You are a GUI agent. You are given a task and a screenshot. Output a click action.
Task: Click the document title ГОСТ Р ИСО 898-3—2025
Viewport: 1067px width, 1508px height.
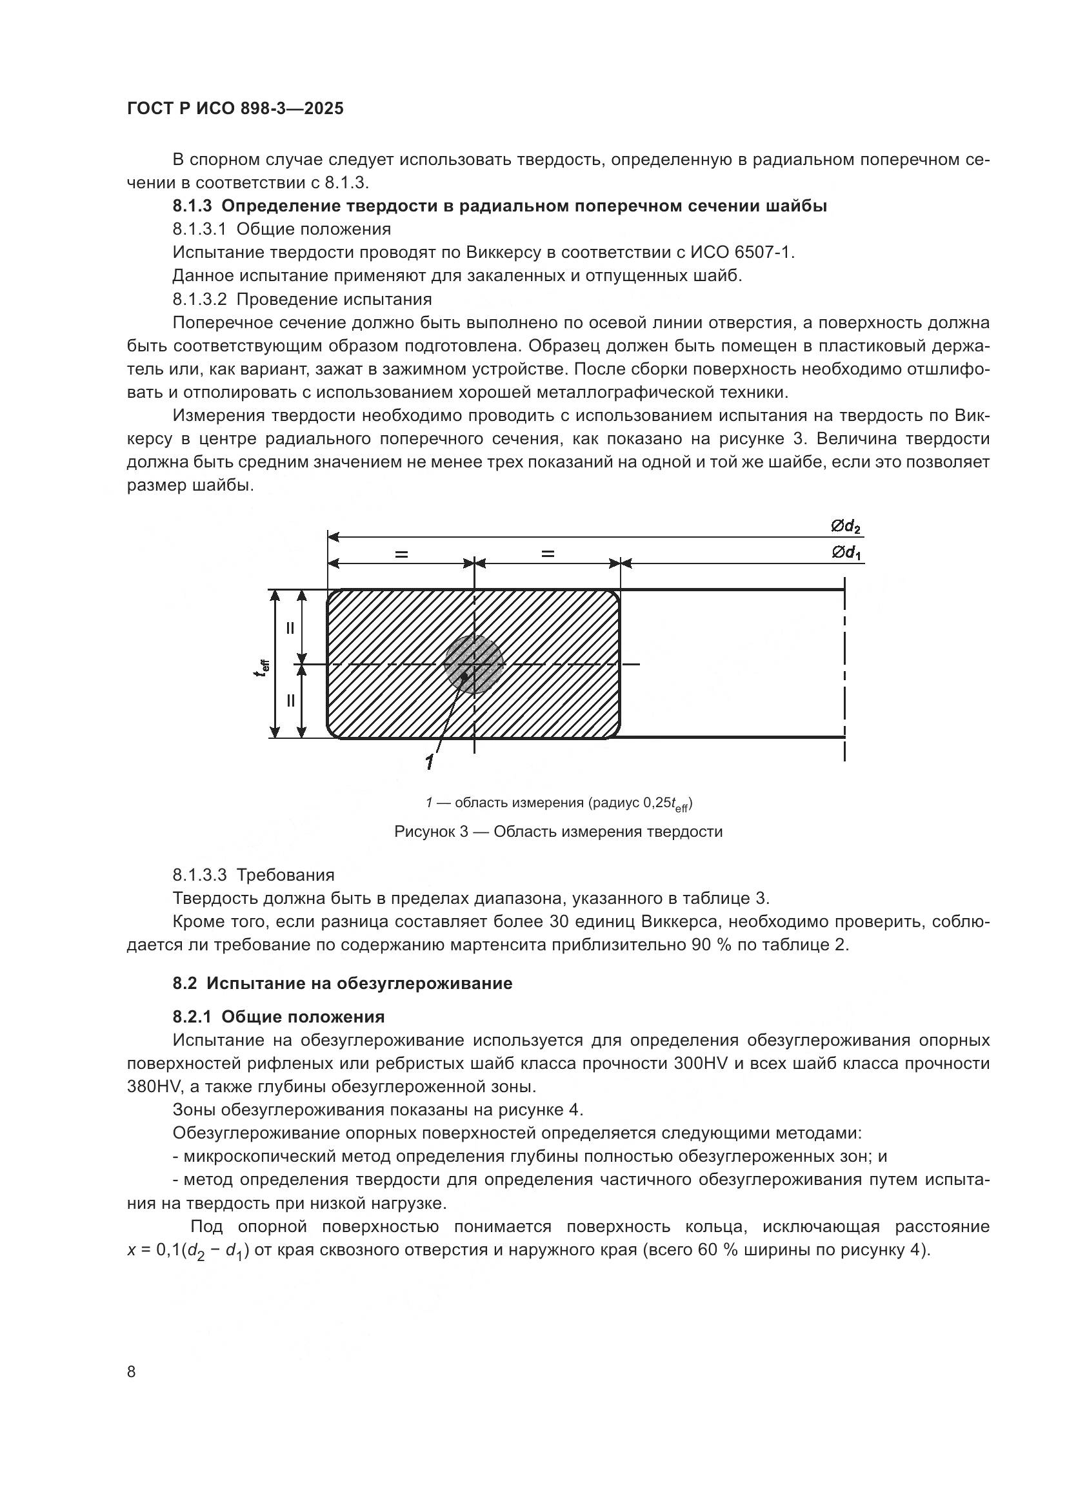click(x=235, y=109)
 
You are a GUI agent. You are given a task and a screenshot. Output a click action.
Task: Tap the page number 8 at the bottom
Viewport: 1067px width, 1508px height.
click(x=132, y=1371)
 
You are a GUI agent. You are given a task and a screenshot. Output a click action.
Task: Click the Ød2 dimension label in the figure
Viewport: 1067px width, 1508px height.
click(x=845, y=526)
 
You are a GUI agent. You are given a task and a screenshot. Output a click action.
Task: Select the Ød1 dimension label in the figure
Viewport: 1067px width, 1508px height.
click(x=846, y=553)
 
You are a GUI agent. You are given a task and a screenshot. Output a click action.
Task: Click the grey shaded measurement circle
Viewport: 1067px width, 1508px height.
click(x=474, y=664)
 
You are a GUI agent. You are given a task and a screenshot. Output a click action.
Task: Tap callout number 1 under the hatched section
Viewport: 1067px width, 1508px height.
click(x=429, y=762)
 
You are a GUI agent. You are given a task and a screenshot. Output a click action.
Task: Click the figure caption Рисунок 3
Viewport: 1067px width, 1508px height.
click(x=558, y=832)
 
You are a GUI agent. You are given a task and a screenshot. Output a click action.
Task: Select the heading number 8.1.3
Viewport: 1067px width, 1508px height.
click(x=192, y=206)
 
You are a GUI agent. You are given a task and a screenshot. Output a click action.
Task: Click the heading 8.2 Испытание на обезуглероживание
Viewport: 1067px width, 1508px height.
click(x=343, y=983)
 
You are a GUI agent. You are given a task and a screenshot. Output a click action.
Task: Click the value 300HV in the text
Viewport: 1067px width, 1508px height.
click(x=701, y=1062)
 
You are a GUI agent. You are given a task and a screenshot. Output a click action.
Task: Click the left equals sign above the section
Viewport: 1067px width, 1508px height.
click(x=401, y=554)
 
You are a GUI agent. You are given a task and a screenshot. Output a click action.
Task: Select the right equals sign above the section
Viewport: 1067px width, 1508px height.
click(x=547, y=554)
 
